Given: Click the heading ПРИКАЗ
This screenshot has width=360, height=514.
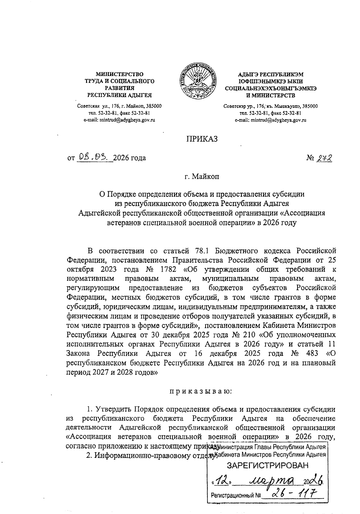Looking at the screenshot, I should pos(202,139).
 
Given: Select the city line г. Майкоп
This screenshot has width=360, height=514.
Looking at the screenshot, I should pos(202,177).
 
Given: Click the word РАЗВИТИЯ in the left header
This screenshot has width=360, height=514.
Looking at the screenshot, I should pos(119,88).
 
